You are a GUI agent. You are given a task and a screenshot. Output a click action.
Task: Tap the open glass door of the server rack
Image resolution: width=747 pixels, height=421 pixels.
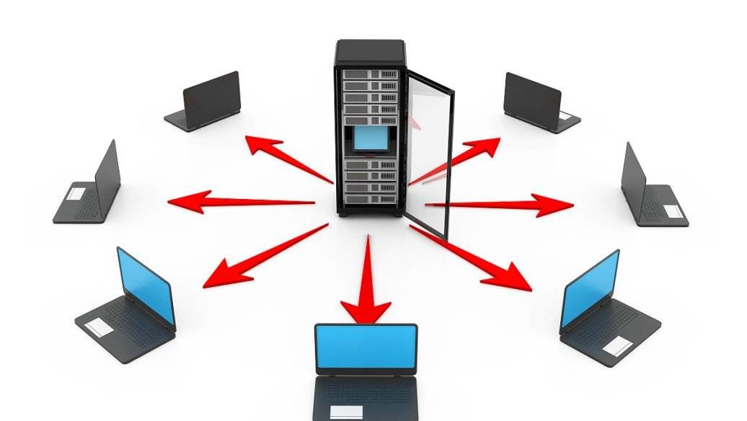coord(431,151)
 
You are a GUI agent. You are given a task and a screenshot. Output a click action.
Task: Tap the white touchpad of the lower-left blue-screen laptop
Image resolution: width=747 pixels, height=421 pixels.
coord(99,328)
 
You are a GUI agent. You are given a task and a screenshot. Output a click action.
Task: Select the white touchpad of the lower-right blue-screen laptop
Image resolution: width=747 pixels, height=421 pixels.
coord(615,347)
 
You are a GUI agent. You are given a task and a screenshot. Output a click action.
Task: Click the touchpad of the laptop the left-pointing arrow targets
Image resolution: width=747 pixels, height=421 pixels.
coord(76,193)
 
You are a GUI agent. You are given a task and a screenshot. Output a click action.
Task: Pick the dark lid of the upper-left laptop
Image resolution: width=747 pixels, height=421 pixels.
coord(211,99)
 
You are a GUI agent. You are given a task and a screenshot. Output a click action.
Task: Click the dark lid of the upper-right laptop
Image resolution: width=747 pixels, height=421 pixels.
coord(532,97)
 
